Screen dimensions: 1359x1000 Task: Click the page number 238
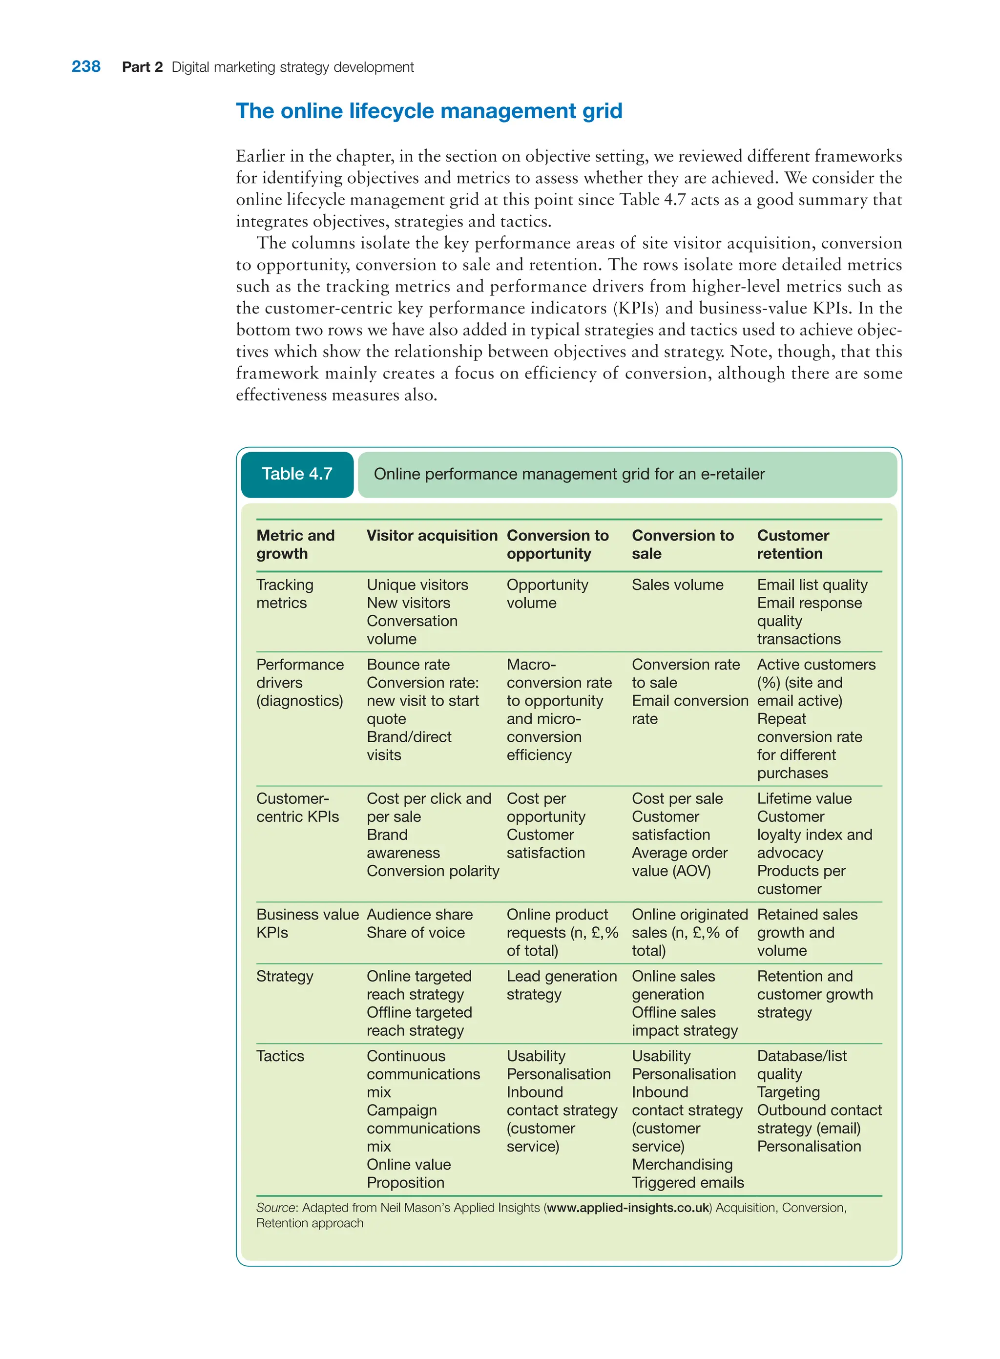(86, 66)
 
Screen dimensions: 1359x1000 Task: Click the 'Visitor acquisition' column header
(432, 536)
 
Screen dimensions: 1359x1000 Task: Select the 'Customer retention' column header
(792, 544)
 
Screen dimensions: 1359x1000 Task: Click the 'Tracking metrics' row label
(285, 594)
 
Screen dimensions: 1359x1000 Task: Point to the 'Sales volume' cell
(677, 585)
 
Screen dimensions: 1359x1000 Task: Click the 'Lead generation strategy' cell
(561, 985)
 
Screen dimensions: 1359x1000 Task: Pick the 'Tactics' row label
(280, 1056)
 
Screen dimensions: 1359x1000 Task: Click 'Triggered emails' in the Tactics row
(687, 1182)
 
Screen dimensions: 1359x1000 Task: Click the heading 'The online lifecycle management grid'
(429, 111)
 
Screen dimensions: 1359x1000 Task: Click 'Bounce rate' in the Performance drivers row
(408, 664)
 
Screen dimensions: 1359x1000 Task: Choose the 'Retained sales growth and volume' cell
(807, 932)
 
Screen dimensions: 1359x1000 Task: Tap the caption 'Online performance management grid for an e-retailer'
(569, 474)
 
